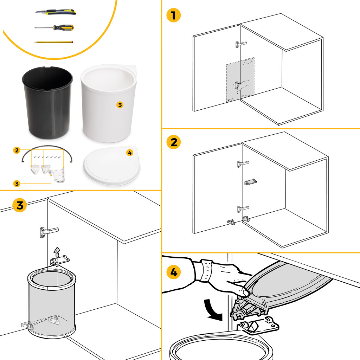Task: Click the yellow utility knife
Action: (56, 12)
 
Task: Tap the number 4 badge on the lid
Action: (130, 153)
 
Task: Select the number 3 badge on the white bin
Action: (120, 105)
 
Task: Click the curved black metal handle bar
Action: (47, 148)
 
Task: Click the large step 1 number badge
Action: (173, 16)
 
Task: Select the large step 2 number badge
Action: (173, 143)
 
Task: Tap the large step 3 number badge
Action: (19, 205)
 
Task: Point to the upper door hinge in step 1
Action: (241, 44)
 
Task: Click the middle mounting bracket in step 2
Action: (250, 182)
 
